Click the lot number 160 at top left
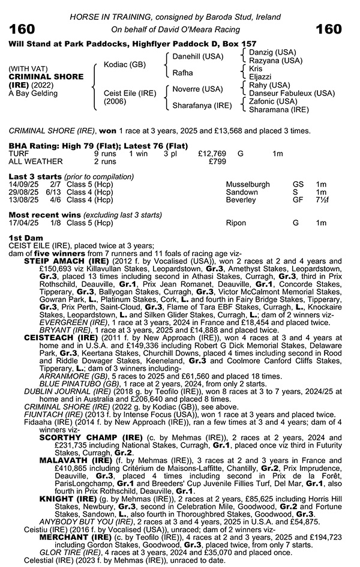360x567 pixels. [x=22, y=28]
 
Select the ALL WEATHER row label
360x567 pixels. [x=35, y=161]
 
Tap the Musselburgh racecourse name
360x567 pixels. [x=248, y=184]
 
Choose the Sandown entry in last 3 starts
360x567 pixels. [x=242, y=192]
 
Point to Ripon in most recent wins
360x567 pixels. [x=236, y=223]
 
